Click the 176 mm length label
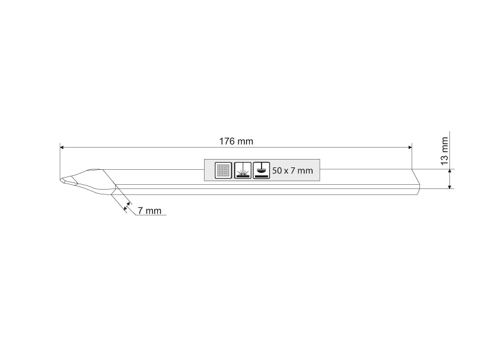pos(236,142)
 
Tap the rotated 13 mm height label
pos(444,151)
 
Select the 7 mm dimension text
pos(149,211)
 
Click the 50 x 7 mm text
pos(292,170)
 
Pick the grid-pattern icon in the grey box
pos(223,170)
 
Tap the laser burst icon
pos(242,170)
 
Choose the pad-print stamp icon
pos(262,170)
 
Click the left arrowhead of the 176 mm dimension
pos(62,147)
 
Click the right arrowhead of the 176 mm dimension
pos(410,147)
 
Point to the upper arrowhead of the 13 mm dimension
pos(449,171)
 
